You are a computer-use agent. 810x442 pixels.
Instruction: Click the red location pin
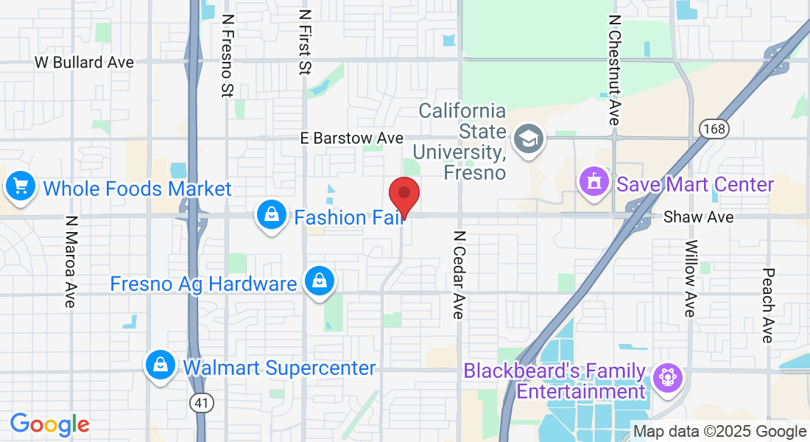tap(404, 195)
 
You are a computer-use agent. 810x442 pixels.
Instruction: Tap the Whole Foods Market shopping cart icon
tap(21, 187)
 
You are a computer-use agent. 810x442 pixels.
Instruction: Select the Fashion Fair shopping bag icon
tap(272, 216)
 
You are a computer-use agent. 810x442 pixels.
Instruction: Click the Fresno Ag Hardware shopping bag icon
tap(320, 282)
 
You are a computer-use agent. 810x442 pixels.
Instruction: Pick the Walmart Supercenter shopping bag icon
tap(160, 365)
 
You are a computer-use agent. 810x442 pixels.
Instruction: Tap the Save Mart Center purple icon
tap(593, 183)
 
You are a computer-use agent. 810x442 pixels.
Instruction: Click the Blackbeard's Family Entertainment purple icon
tap(667, 379)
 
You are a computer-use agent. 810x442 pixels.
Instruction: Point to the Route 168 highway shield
tap(714, 129)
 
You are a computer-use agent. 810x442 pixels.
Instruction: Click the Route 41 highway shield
tap(199, 402)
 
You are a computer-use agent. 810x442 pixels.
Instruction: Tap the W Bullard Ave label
tap(84, 63)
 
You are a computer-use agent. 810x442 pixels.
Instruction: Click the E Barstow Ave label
tap(352, 138)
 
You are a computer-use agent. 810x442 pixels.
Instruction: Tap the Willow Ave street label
tap(690, 278)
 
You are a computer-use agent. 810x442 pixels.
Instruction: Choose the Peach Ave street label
tap(767, 305)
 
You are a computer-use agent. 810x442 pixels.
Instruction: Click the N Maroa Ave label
tap(71, 262)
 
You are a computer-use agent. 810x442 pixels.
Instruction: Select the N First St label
tap(305, 42)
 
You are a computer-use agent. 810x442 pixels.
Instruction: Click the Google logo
tap(49, 424)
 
